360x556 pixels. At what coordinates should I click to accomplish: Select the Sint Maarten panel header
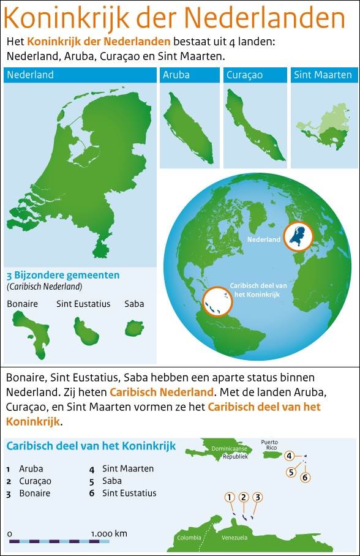pos(323,75)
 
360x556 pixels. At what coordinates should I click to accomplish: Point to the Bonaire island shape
pos(32,331)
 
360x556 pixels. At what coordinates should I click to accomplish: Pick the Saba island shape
pos(134,329)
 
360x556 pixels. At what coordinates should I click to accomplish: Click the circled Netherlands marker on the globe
pos(298,237)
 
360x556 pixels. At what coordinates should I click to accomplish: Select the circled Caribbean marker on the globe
pos(219,302)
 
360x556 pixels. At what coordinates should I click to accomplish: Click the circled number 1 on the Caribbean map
pos(230,497)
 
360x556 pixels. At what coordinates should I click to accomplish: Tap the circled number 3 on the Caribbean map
pos(258,497)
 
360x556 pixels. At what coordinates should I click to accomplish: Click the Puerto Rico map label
pos(269,445)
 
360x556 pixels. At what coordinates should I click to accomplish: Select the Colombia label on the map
pos(189,538)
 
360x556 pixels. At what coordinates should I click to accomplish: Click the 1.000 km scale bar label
pos(109,533)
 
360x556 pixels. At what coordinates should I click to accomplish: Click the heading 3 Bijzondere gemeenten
pos(63,275)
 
